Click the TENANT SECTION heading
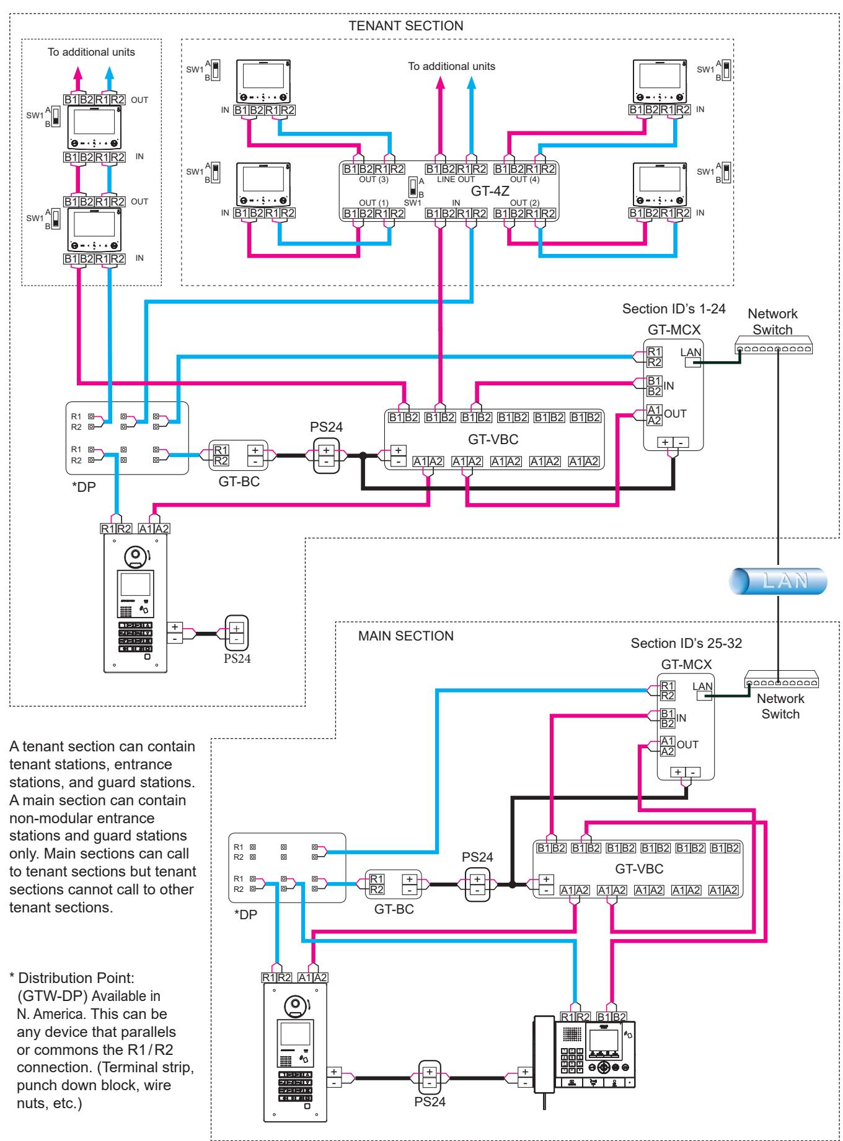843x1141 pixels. tap(406, 26)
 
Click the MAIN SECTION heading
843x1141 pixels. tap(406, 636)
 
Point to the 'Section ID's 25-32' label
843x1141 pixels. tap(686, 643)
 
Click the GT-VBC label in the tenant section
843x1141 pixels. tap(494, 439)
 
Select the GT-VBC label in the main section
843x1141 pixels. tap(639, 868)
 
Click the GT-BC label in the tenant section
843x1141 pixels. tap(239, 483)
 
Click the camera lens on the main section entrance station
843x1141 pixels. tap(293, 1005)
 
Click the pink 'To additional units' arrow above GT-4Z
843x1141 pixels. tap(441, 117)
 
